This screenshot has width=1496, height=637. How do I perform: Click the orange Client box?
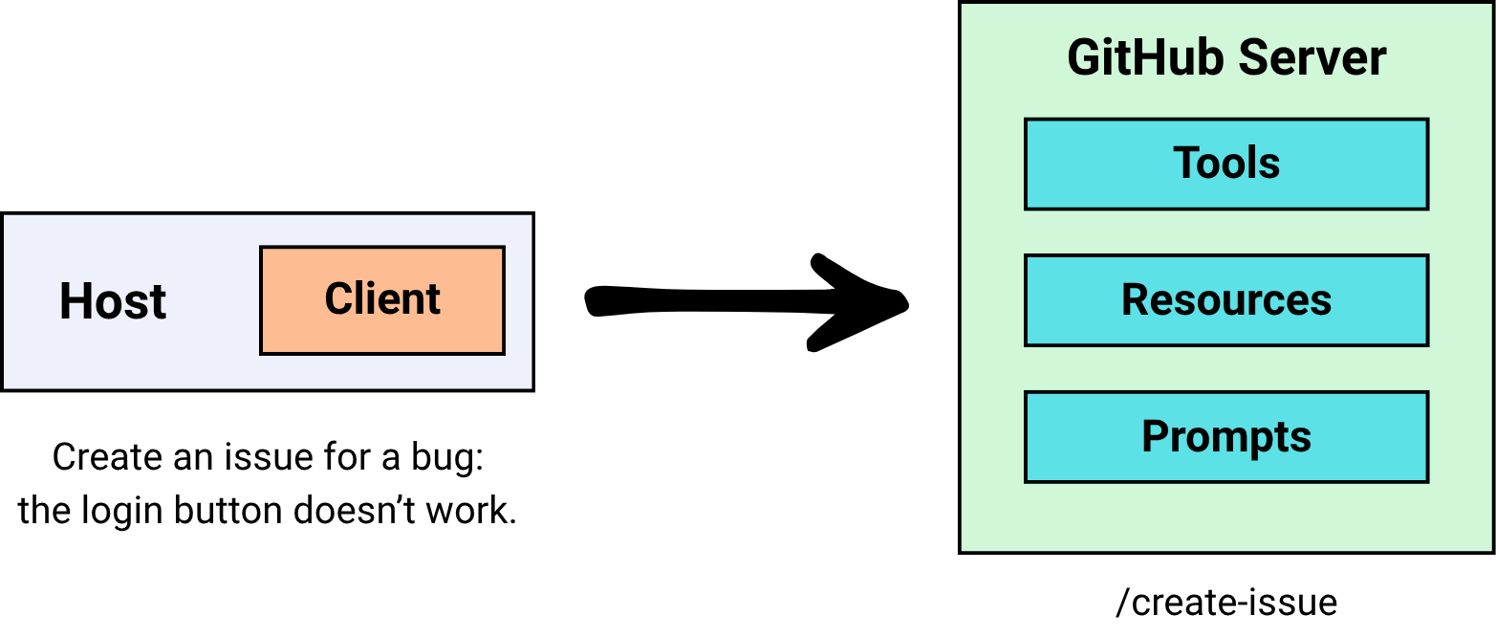point(381,300)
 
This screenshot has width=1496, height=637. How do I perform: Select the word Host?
point(113,301)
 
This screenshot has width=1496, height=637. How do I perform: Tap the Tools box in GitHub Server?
point(1226,164)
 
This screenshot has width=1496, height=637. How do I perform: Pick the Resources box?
point(1226,300)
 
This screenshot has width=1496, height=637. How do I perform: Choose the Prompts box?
point(1226,437)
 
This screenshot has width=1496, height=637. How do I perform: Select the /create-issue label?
point(1226,603)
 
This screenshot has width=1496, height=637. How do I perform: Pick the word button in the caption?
point(229,512)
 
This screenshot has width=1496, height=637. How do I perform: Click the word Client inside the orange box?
point(382,299)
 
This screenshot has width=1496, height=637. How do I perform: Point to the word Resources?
point(1226,300)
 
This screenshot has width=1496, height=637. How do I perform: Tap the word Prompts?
point(1226,438)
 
